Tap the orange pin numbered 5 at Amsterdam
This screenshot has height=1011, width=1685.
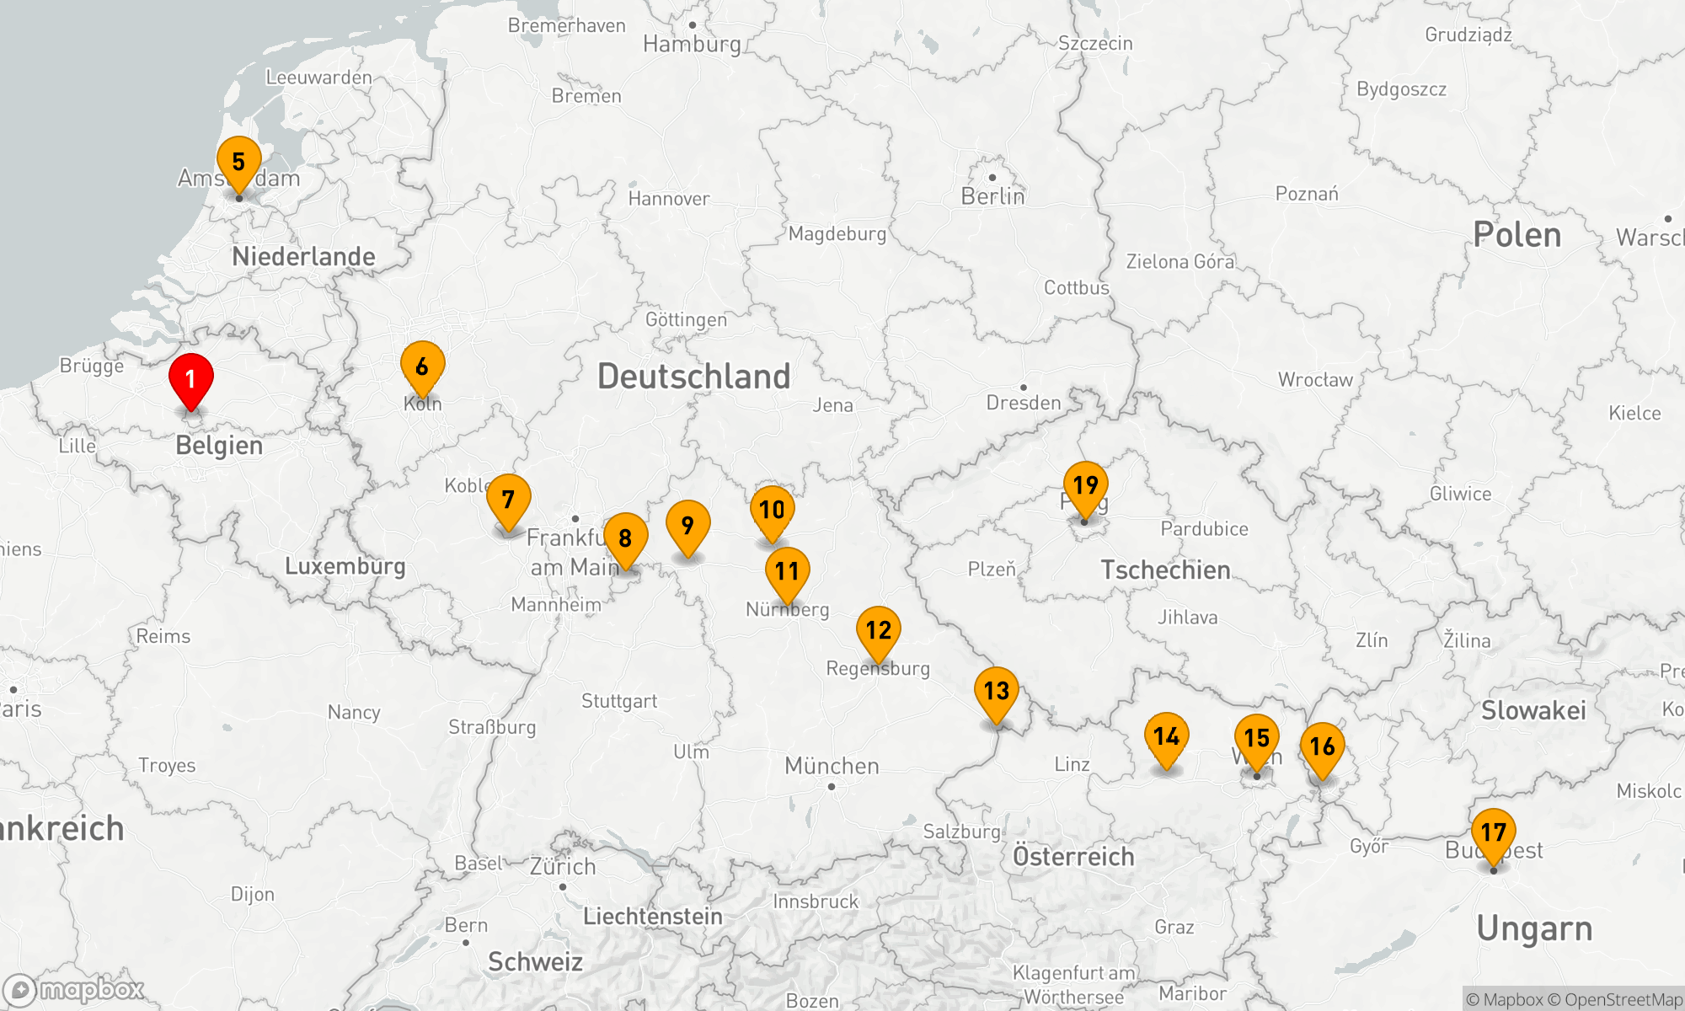coord(238,162)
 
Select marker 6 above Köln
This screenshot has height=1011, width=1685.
coord(422,366)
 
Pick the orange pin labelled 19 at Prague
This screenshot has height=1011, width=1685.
coord(1085,485)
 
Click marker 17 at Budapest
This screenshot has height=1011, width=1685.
coord(1493,832)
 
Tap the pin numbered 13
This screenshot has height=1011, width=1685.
coord(996,691)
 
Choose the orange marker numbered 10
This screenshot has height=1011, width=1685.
coord(772,510)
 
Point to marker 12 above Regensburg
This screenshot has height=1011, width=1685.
coord(878,630)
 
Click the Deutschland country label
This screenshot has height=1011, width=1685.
coord(693,377)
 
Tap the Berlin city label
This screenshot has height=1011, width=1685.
coord(992,196)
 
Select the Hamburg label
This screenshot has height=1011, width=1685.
coord(692,44)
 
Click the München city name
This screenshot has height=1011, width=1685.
coord(832,766)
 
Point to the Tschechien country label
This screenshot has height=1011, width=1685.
coord(1165,570)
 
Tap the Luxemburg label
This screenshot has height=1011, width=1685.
coord(345,566)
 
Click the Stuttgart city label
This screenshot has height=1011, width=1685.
coord(618,701)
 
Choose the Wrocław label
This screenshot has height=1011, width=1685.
coord(1315,380)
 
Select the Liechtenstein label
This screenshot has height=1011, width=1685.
coord(652,917)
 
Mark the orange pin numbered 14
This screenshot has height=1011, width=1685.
coord(1166,736)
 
